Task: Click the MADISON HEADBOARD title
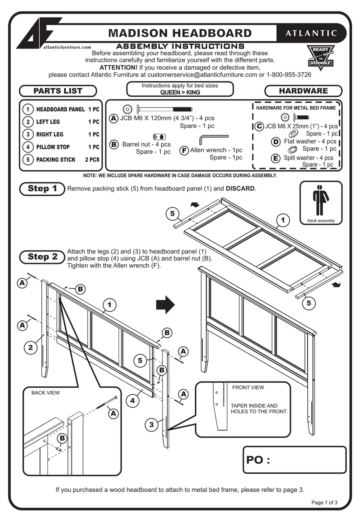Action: click(180, 33)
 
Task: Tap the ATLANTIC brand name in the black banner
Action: click(311, 33)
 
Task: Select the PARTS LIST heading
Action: click(58, 91)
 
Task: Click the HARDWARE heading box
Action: click(303, 91)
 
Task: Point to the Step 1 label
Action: click(42, 189)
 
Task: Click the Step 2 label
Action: click(42, 257)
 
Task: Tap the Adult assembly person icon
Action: click(321, 200)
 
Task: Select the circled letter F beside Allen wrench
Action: click(184, 150)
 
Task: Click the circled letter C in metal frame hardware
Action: click(259, 126)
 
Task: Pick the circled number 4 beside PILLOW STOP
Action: click(28, 147)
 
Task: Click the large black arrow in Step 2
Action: click(165, 305)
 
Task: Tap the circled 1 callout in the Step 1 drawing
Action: click(283, 220)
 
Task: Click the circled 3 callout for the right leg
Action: click(151, 425)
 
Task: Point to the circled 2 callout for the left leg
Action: click(31, 347)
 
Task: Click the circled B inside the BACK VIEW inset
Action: click(62, 438)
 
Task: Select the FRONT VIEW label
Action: click(248, 388)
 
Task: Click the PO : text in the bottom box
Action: click(258, 460)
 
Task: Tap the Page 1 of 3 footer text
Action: click(324, 503)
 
